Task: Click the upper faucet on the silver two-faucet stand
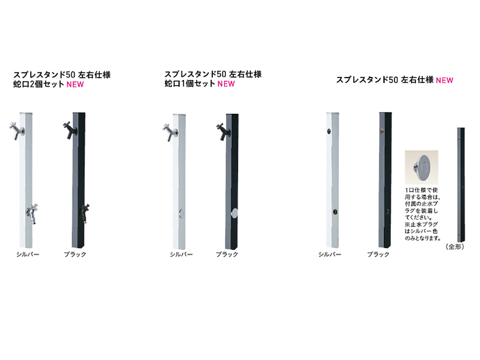pos(17,130)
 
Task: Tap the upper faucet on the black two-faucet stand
pos(70,130)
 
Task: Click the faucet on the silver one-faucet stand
pos(170,132)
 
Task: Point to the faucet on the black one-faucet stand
pos(223,131)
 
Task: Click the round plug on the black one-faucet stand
pos(234,213)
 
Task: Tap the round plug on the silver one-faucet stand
pos(181,213)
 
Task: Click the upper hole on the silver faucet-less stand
pos(329,131)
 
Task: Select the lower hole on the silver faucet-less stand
pos(335,212)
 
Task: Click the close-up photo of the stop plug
pos(421,167)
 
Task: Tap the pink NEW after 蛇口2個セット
pos(75,84)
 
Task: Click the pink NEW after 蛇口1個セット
pos(226,84)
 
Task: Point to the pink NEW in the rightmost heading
pos(444,80)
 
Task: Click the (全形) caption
pos(455,247)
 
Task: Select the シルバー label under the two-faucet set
pos(28,254)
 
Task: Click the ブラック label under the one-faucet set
pos(227,254)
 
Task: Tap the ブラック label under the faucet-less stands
pos(378,254)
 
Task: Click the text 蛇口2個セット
pos(39,84)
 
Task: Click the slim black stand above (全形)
pos(461,185)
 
